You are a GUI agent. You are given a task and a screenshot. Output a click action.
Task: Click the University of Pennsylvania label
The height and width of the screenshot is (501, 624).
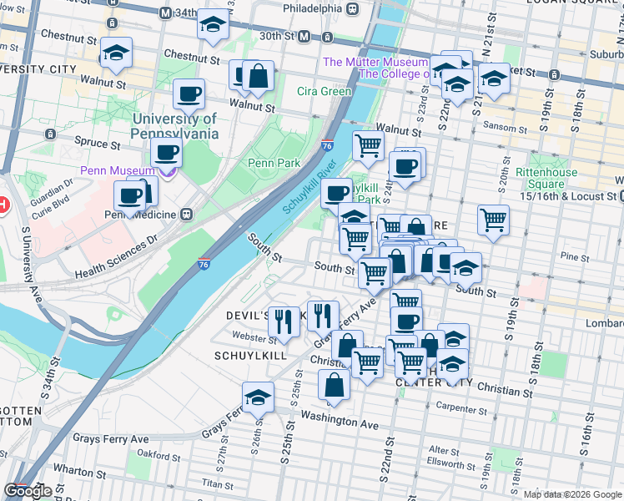pos(174,126)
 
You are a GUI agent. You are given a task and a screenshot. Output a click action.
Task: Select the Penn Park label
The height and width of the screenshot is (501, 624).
pos(274,163)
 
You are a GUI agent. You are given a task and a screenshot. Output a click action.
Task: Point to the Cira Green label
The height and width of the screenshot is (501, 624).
pos(325,91)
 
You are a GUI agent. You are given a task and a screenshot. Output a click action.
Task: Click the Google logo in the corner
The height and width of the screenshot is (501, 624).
pos(28,491)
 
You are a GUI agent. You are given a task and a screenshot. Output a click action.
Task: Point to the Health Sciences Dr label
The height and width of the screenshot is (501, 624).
pos(116,256)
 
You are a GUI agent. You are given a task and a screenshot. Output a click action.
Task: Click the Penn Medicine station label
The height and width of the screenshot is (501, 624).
pos(140,214)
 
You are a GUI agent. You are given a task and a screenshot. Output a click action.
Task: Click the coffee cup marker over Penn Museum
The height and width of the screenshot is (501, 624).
pos(167,153)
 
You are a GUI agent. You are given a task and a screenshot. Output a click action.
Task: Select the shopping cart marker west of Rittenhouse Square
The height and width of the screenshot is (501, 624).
pos(493,220)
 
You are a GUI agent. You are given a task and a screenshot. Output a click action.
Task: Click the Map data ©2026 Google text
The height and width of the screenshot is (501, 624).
pos(572,493)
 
